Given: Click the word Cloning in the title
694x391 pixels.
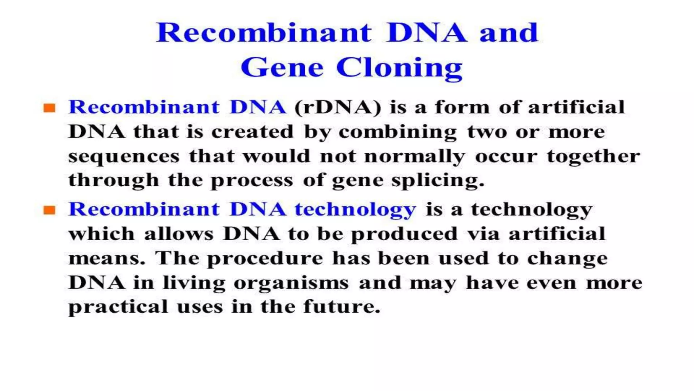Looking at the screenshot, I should click(399, 68).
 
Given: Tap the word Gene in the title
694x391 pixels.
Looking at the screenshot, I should click(282, 68).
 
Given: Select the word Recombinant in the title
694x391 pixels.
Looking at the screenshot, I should click(264, 33).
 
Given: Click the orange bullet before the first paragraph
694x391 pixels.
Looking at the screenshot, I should click(49, 108).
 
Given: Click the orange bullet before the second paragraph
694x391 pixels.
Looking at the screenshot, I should click(49, 210).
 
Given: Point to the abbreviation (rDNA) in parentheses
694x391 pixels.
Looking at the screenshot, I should click(338, 108).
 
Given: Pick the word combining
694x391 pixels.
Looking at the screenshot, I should click(397, 132).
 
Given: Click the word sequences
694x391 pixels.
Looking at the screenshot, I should click(124, 157).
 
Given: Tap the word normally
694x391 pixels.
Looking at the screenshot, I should click(414, 157).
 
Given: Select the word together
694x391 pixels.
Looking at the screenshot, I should click(593, 156).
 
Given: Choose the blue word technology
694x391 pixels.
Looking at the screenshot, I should click(355, 210).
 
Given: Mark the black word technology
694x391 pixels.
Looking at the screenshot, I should click(531, 210).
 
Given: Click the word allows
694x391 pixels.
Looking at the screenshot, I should click(179, 234).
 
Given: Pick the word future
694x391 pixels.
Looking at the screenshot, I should click(341, 307).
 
